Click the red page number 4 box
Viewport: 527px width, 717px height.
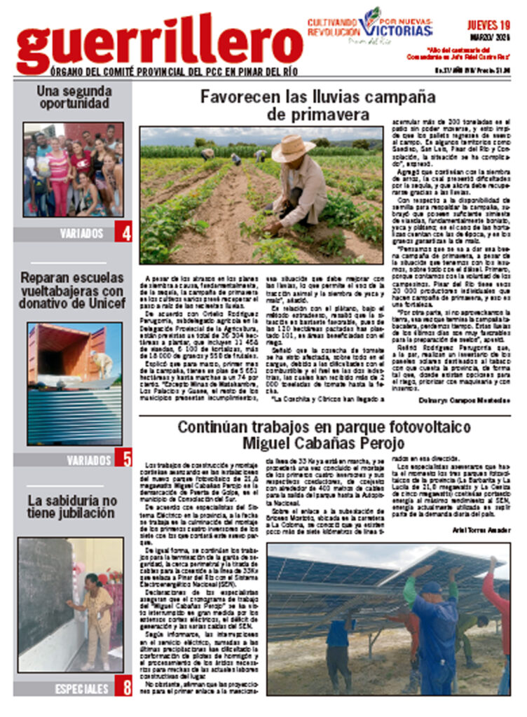tap(123, 233)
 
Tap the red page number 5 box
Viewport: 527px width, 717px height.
tap(123, 459)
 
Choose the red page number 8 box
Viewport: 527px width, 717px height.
tap(123, 688)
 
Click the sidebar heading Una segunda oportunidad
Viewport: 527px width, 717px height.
tap(74, 97)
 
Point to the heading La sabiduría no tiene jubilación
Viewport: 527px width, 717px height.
tap(72, 507)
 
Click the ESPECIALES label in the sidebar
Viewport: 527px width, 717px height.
tap(82, 689)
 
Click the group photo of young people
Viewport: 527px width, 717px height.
tap(74, 170)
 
